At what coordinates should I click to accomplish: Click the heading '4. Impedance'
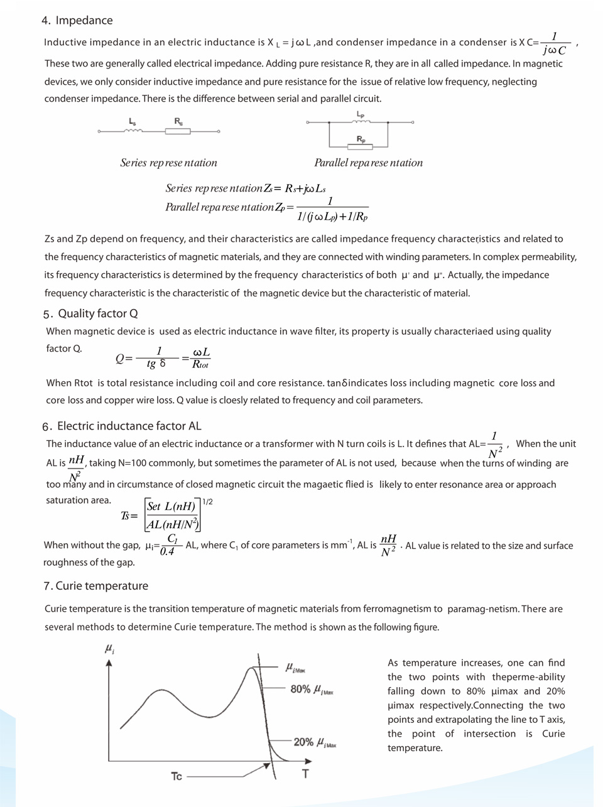click(x=77, y=21)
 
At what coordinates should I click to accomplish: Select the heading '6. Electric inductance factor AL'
click(x=122, y=426)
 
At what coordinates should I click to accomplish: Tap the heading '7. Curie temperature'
click(x=96, y=586)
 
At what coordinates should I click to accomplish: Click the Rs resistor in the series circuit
click(x=178, y=131)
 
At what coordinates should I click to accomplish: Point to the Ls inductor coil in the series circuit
click(x=133, y=130)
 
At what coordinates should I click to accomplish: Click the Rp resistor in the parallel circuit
click(x=361, y=146)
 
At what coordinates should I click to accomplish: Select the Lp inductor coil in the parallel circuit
click(x=361, y=122)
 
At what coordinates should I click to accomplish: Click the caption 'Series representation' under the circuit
click(x=168, y=163)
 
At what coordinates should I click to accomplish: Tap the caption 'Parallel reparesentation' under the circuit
click(x=368, y=163)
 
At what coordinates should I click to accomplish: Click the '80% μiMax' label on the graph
click(x=312, y=690)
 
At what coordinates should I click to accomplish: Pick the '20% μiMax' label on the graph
click(x=315, y=742)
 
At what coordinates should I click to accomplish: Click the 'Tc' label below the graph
click(x=177, y=777)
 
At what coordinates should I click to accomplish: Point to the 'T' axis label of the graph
click(x=305, y=774)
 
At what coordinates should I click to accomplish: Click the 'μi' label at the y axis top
click(x=109, y=649)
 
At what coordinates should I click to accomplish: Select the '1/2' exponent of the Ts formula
click(x=207, y=502)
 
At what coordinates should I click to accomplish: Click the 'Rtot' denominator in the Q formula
click(x=200, y=365)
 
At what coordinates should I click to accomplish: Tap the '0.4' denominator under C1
click(x=167, y=551)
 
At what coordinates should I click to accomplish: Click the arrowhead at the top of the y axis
click(x=109, y=663)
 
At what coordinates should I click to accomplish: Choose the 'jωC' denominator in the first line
click(x=554, y=50)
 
